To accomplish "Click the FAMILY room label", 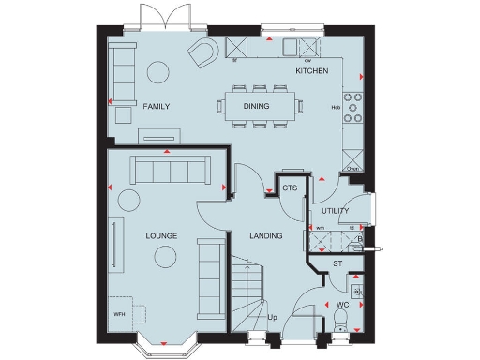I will click(157, 107).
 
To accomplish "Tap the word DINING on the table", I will click(256, 106).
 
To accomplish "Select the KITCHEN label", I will click(312, 71).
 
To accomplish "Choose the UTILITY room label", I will click(335, 212).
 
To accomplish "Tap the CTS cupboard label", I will click(290, 188).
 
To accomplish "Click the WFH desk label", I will click(119, 314).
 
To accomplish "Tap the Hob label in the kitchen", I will click(336, 107).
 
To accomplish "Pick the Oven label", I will click(352, 168).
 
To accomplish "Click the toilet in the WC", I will click(340, 323).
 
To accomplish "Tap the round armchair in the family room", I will click(202, 54).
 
